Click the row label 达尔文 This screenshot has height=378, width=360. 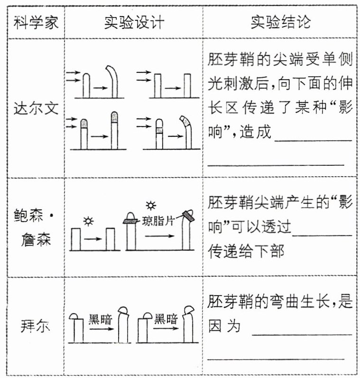[36, 108]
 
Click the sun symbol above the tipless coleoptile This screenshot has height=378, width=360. [88, 220]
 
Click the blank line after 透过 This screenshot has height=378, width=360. [323, 234]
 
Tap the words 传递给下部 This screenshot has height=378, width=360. [246, 252]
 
